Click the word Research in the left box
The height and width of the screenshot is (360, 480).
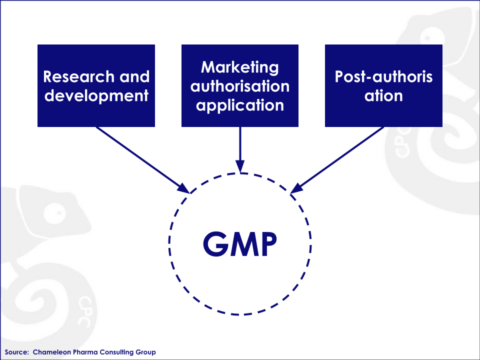click(x=69, y=76)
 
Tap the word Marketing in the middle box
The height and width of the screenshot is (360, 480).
click(x=239, y=66)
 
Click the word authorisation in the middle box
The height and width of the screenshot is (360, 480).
click(x=239, y=85)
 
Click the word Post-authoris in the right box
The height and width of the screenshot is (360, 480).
click(x=383, y=76)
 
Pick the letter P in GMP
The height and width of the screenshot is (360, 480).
click(x=266, y=243)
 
